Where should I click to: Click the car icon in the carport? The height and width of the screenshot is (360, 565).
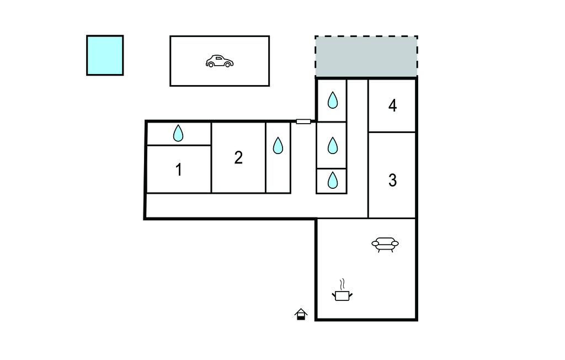(219, 61)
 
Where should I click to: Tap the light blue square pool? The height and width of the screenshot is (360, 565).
(105, 55)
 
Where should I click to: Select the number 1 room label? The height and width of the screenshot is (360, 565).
(178, 170)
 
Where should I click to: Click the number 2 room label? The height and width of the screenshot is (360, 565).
(238, 158)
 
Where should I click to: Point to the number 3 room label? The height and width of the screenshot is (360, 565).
(392, 180)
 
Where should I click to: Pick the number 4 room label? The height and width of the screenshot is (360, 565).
(392, 105)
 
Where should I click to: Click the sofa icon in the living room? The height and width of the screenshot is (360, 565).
(385, 244)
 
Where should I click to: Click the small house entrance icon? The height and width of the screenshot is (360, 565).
(301, 314)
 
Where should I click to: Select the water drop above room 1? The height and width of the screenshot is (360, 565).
(178, 133)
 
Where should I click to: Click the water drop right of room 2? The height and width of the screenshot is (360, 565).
(278, 145)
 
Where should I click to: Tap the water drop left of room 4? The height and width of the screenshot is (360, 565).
(332, 100)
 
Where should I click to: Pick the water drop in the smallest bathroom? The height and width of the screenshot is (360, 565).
(332, 181)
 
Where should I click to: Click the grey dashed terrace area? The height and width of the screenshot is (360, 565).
(366, 57)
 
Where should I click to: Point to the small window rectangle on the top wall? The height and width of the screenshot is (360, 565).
(303, 121)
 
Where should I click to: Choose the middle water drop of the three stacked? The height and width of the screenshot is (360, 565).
(332, 145)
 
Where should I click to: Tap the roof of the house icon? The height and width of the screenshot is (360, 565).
(301, 311)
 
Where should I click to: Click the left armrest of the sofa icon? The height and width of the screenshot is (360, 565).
(375, 243)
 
